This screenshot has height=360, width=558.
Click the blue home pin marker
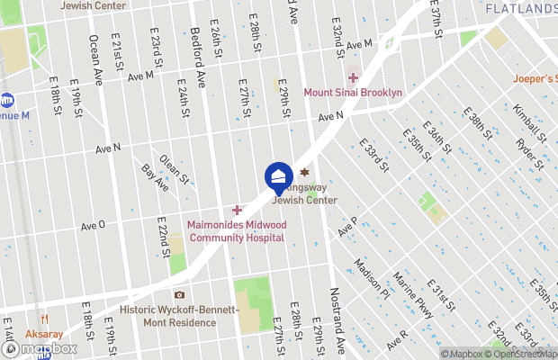tap(279, 175)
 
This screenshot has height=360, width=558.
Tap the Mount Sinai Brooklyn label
tap(352, 93)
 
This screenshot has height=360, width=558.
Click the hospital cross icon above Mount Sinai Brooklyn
tap(353, 78)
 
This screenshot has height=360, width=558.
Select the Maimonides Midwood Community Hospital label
tap(236, 231)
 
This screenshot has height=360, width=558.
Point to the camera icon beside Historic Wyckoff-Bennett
tap(179, 295)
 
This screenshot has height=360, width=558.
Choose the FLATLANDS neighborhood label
tap(520, 8)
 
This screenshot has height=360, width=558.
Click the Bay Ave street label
tap(154, 177)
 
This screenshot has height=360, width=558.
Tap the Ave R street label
tap(398, 339)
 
